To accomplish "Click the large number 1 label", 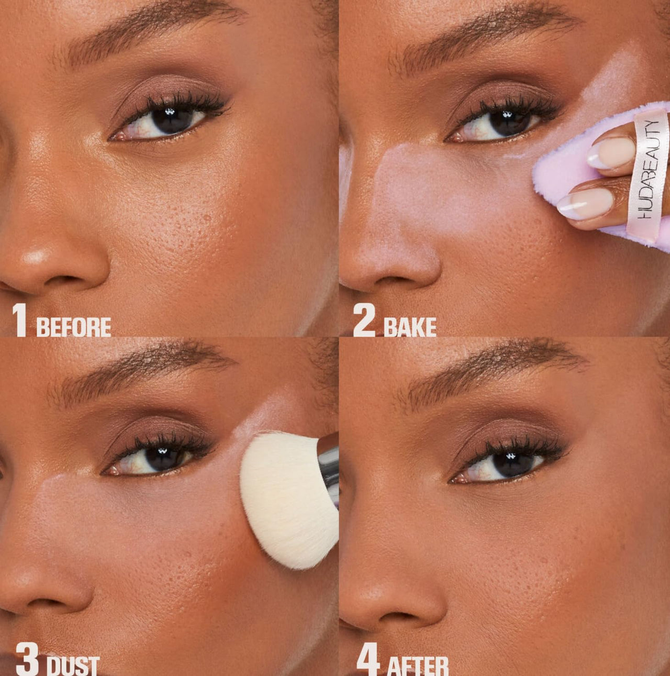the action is click(x=20, y=320).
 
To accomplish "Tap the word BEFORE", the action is click(x=73, y=327).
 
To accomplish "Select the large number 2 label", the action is click(x=365, y=320).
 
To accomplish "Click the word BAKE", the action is click(x=410, y=327).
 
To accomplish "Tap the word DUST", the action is click(x=73, y=666).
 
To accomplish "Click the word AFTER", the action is click(x=418, y=666).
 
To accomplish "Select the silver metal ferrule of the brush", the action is click(x=329, y=463).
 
